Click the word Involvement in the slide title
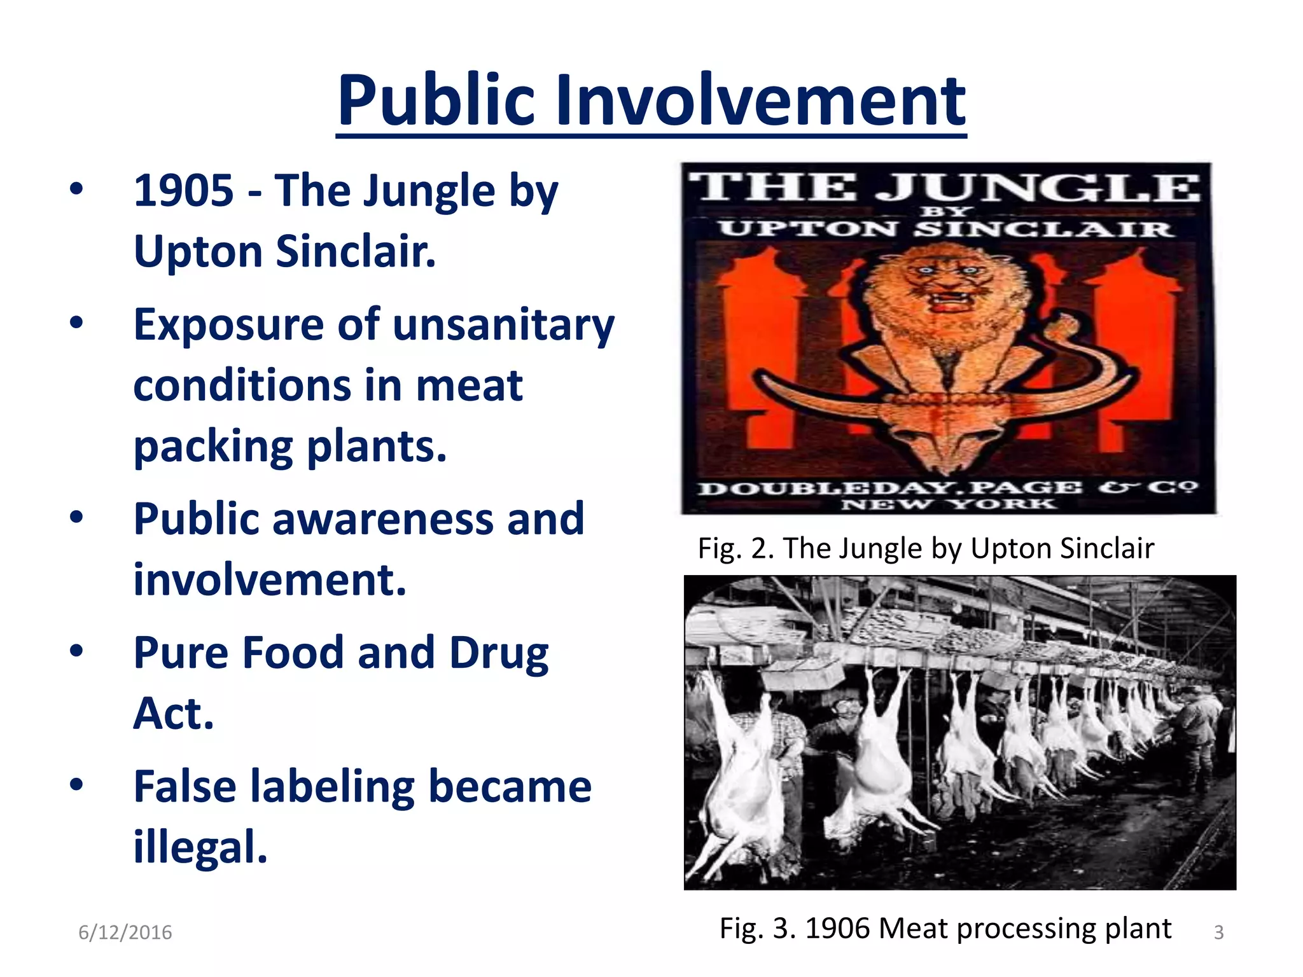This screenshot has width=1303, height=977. tap(760, 102)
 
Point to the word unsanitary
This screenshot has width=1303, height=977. tap(503, 325)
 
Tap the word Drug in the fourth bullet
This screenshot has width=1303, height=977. tap(499, 653)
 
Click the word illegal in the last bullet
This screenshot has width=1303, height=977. tap(199, 848)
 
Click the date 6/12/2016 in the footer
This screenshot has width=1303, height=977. tap(125, 932)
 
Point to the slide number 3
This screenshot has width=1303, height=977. tap(1218, 932)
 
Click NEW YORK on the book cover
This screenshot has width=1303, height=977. tap(948, 505)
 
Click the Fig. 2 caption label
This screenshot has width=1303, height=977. tap(735, 548)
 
